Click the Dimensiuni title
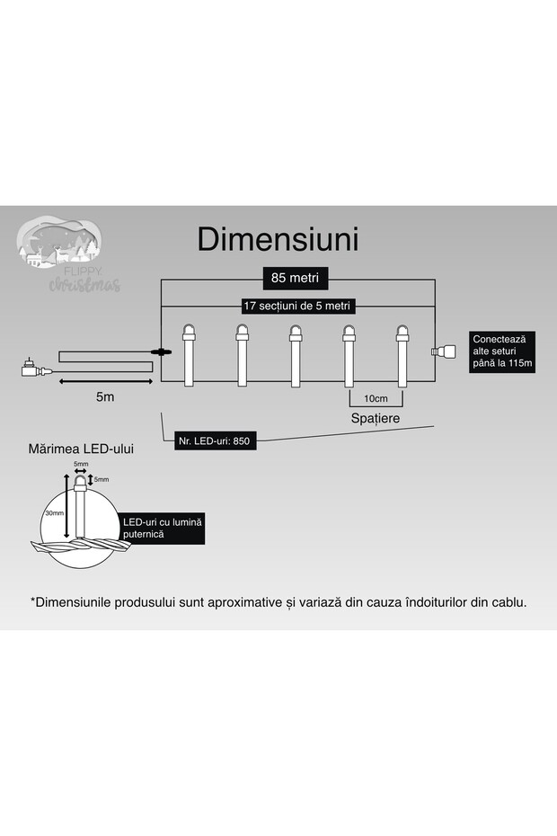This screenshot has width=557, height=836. click(x=278, y=240)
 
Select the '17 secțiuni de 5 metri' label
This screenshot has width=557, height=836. click(x=296, y=306)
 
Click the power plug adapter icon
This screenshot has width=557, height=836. click(x=30, y=369)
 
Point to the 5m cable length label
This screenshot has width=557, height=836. click(x=103, y=396)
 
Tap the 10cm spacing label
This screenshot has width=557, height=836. click(x=376, y=398)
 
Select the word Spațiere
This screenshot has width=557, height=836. click(x=376, y=419)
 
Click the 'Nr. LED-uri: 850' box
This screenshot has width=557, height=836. click(x=215, y=441)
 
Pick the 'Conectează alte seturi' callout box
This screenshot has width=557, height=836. click(x=503, y=351)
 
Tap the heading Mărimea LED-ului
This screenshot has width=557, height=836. click(x=81, y=448)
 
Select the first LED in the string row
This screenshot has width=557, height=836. click(x=189, y=356)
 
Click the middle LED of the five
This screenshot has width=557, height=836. click(x=295, y=356)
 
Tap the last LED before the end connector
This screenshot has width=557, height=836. click(x=401, y=356)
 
